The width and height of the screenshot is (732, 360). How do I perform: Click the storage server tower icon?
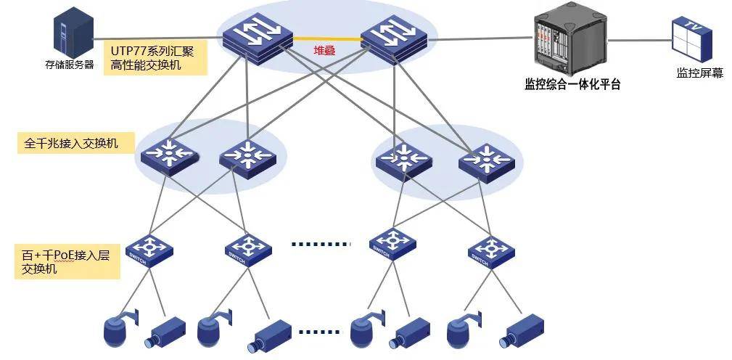click(73, 33)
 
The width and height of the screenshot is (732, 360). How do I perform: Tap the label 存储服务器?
click(70, 65)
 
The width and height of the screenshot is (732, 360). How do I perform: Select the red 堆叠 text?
click(324, 50)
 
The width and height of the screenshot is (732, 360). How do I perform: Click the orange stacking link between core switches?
click(328, 38)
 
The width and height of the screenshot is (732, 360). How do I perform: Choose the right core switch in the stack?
click(395, 38)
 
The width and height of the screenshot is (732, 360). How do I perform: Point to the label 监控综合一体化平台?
click(572, 84)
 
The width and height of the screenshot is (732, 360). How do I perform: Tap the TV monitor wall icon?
click(692, 39)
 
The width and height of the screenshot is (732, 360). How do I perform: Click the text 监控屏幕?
click(699, 73)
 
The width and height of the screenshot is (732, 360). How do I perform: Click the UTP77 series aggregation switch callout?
click(155, 57)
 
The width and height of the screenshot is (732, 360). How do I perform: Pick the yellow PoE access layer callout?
click(67, 261)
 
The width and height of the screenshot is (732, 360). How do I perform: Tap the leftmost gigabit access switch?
click(170, 157)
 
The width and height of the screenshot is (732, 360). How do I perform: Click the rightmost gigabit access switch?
click(487, 162)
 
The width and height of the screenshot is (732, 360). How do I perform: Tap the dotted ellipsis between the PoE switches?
click(320, 244)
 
